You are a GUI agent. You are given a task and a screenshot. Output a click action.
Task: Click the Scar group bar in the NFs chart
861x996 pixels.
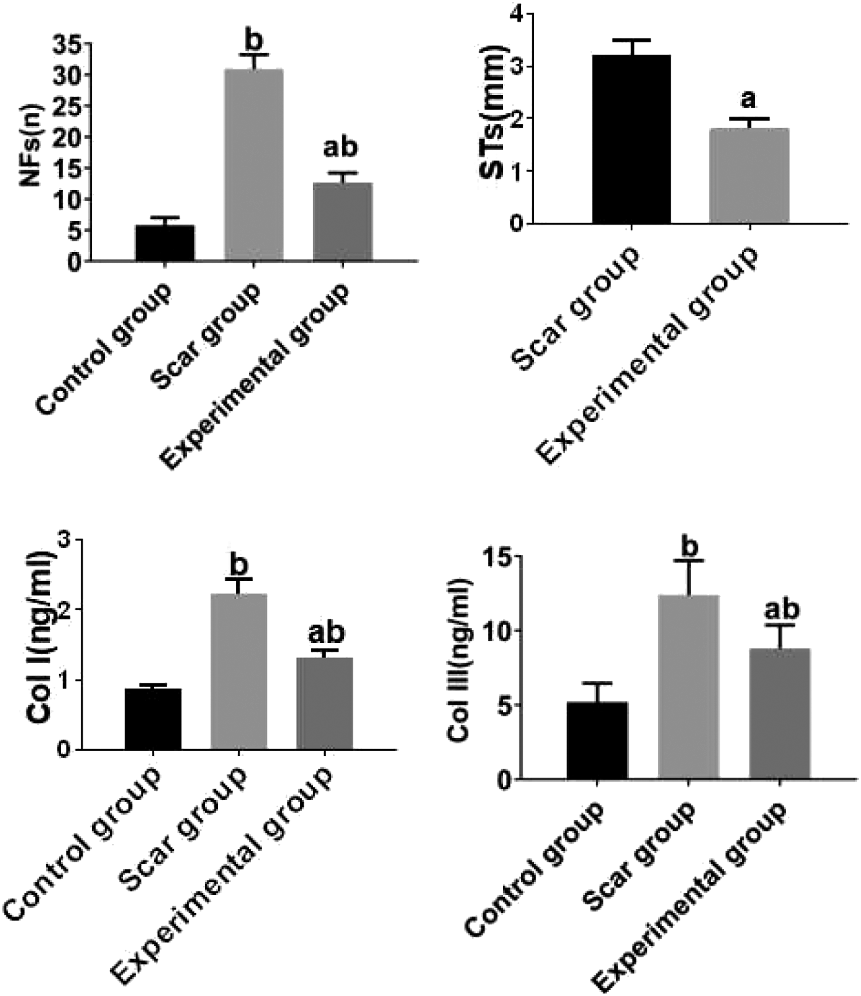[254, 165]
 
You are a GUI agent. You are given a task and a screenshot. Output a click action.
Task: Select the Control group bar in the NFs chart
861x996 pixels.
[165, 243]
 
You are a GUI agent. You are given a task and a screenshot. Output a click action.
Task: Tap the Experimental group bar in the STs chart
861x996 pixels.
[749, 175]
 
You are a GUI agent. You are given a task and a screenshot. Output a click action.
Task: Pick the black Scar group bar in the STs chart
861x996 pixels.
[631, 139]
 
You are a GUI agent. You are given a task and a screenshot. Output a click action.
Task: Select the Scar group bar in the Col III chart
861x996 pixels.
[688, 686]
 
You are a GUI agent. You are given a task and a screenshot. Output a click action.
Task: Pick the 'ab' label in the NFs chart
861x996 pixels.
[340, 148]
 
